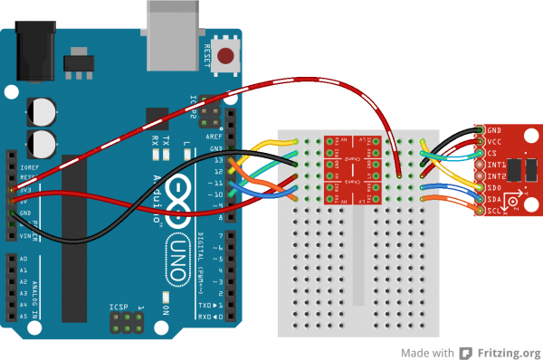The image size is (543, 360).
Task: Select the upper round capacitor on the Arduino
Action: pyautogui.click(x=43, y=110)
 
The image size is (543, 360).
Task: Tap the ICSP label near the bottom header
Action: pyautogui.click(x=119, y=308)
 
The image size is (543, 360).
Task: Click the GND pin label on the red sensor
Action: pyautogui.click(x=495, y=131)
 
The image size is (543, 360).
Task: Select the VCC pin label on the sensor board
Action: pyautogui.click(x=495, y=142)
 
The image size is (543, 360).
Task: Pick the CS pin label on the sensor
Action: pyautogui.click(x=493, y=154)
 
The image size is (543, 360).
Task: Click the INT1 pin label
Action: pyautogui.click(x=497, y=165)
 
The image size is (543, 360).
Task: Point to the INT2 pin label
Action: pyautogui.click(x=497, y=175)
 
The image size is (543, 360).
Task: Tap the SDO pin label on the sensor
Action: pyautogui.click(x=495, y=187)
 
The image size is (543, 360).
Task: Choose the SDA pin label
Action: pyautogui.click(x=495, y=198)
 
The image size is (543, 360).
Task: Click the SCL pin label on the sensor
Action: pyautogui.click(x=495, y=210)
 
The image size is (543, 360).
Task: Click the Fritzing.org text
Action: pyautogui.click(x=509, y=352)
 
